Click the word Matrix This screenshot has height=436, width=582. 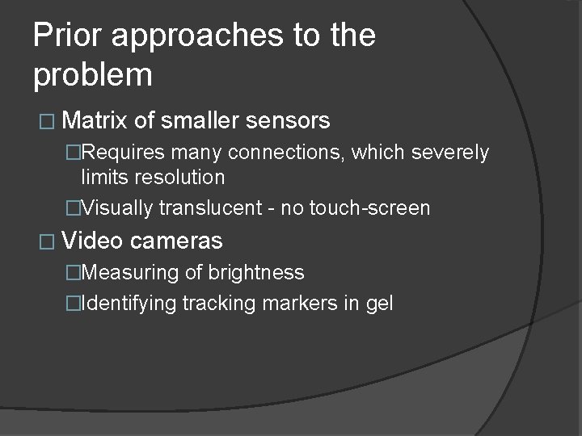point(95,121)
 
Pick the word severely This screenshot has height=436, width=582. point(454,153)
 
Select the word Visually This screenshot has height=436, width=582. point(117,208)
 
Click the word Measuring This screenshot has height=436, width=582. point(130,273)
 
